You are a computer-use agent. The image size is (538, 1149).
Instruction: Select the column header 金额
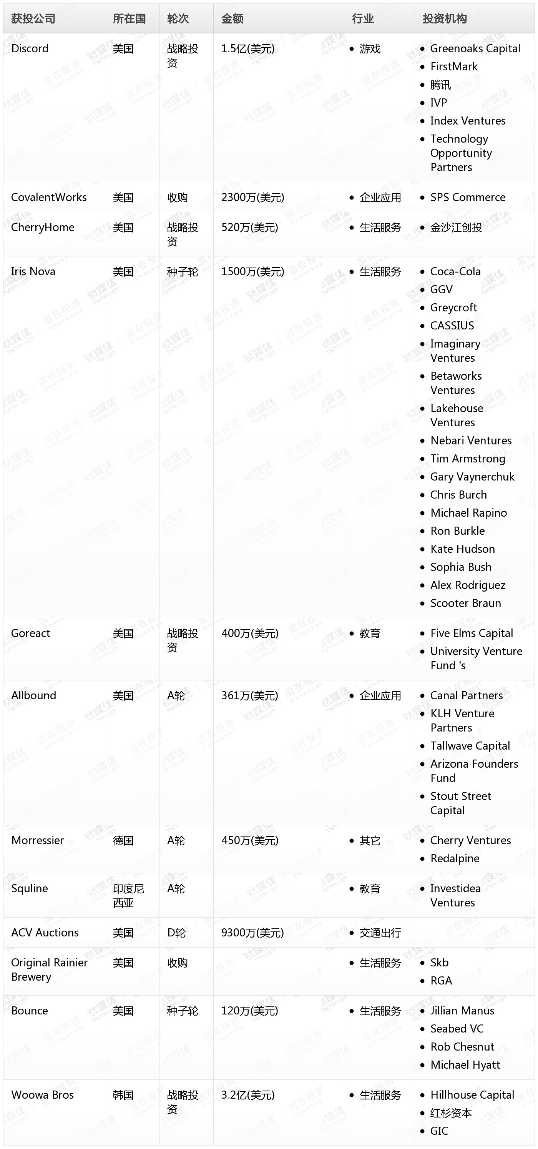[232, 18]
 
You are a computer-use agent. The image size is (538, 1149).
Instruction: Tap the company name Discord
[30, 48]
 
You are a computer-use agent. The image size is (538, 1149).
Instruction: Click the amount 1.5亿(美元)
[248, 48]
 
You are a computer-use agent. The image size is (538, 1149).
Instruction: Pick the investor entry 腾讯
[440, 85]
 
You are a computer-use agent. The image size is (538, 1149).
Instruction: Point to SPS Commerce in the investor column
[468, 197]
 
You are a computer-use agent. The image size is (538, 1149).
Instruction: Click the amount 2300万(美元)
[252, 197]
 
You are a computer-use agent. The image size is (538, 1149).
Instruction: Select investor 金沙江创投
[456, 228]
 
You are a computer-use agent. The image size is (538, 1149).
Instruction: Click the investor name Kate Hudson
[462, 549]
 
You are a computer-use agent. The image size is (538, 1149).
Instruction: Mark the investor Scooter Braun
[465, 603]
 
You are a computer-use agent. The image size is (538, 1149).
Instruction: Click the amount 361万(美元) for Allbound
[250, 695]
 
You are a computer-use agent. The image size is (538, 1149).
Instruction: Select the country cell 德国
[123, 841]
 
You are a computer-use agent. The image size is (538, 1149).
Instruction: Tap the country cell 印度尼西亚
[128, 896]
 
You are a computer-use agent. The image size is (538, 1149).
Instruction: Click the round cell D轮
[176, 933]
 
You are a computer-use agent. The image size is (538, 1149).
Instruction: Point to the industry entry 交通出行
[380, 933]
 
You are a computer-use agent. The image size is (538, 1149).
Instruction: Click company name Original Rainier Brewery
[49, 970]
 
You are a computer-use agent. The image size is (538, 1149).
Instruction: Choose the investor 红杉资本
[451, 1113]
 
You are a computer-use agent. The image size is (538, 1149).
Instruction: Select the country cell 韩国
[123, 1095]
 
